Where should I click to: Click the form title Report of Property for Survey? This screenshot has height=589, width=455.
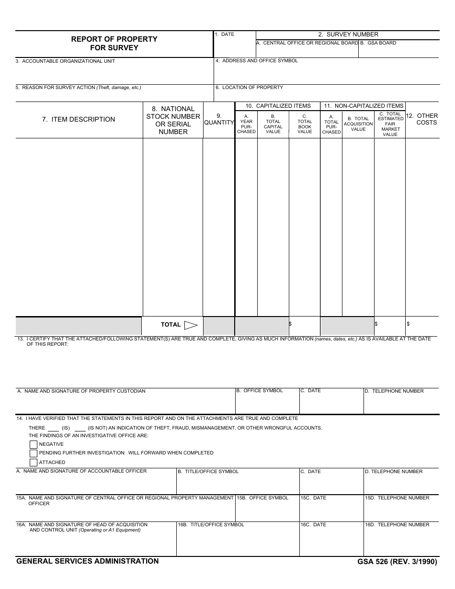coord(114,43)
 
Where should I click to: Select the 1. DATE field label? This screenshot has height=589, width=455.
coord(225,34)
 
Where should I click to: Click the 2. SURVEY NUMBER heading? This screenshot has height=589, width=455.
coord(348,34)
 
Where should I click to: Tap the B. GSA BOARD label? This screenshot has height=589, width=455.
coord(378,43)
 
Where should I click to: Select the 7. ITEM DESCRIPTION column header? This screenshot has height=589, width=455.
coord(79,119)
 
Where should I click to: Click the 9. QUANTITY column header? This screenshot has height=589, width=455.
coord(219,119)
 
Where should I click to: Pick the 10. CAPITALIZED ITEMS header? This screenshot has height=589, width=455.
coord(278,106)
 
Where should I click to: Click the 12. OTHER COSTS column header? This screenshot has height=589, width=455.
coord(422,119)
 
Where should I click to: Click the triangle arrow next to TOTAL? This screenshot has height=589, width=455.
coord(191,325)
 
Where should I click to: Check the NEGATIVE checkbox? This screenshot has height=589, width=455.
coord(34,444)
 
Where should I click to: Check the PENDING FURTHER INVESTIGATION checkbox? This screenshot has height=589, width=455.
coord(34,453)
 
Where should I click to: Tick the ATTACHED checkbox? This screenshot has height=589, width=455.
coord(34,463)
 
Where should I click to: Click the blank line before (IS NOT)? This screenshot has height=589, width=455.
coord(80,429)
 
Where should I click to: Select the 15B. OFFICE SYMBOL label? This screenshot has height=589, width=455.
coord(263,498)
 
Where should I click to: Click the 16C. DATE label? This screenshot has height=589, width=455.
coord(313,525)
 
